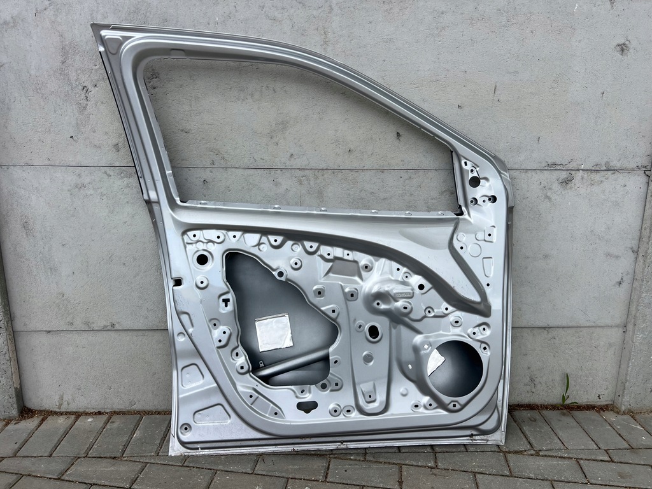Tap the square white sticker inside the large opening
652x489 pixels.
tap(274, 332)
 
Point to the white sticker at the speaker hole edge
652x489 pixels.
tap(435, 362)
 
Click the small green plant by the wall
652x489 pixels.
tap(565, 390)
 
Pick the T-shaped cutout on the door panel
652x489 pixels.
tap(225, 302)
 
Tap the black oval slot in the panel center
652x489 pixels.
tap(373, 332)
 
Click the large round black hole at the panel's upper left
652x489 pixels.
tap(202, 259)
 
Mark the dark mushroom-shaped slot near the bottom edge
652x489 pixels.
tap(307, 406)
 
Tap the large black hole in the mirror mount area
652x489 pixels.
tap(474, 181)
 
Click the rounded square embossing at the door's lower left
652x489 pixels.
tap(192, 376)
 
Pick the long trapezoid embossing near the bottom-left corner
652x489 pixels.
tap(211, 415)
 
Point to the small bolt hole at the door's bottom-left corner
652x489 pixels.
tap(185, 428)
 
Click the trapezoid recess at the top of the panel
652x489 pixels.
tap(344, 268)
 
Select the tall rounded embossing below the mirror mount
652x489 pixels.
tap(488, 266)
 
